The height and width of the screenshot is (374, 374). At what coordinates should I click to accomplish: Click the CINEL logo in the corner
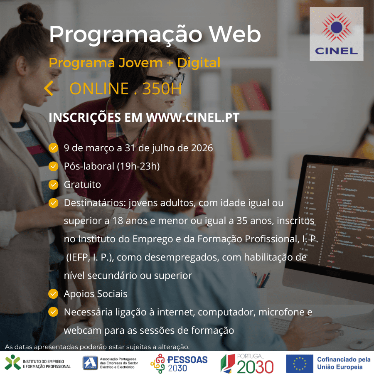(x=336, y=34)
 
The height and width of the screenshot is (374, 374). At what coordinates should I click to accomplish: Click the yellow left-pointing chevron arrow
(x=49, y=89)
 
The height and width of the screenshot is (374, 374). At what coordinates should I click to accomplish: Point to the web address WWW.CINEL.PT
(x=192, y=118)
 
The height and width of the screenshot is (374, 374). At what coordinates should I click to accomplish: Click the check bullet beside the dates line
(x=53, y=148)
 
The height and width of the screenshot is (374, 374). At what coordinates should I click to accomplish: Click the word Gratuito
(x=82, y=185)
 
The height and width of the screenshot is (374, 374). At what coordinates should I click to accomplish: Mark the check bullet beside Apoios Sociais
(x=53, y=294)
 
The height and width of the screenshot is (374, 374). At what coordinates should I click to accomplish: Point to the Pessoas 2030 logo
(x=179, y=363)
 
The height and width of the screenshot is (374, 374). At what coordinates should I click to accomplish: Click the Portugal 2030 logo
(x=246, y=363)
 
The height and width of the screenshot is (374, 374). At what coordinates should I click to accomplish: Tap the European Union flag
(x=299, y=363)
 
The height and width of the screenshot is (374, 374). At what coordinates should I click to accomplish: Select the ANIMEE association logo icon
(x=90, y=363)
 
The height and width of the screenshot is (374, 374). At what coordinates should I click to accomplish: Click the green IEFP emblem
(x=12, y=362)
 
